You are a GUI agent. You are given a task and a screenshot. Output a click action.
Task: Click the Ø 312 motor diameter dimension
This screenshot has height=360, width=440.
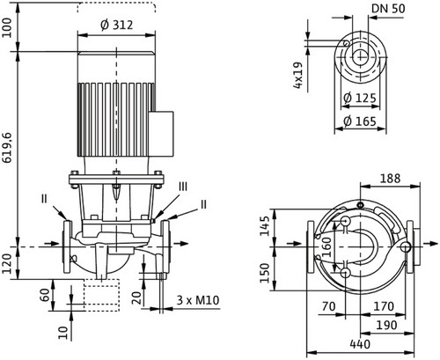117,25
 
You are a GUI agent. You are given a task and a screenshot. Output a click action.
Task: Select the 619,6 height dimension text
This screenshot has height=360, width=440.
6,148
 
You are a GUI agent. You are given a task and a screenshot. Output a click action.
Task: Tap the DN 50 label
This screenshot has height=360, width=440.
388,9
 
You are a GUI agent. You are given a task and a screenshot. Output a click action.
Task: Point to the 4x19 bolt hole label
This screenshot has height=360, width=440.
297,76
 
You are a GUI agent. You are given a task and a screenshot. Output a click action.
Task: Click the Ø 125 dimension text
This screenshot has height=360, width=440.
360,98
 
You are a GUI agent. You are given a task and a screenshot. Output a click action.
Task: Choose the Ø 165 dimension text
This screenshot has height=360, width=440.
360,121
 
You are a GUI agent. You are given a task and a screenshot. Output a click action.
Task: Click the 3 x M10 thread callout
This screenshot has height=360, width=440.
198,300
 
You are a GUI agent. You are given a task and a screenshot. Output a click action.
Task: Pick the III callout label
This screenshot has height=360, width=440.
183,187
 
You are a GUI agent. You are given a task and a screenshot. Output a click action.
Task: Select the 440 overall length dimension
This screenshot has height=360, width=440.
360,344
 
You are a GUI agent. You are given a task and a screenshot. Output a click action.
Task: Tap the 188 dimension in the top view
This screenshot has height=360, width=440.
390,178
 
